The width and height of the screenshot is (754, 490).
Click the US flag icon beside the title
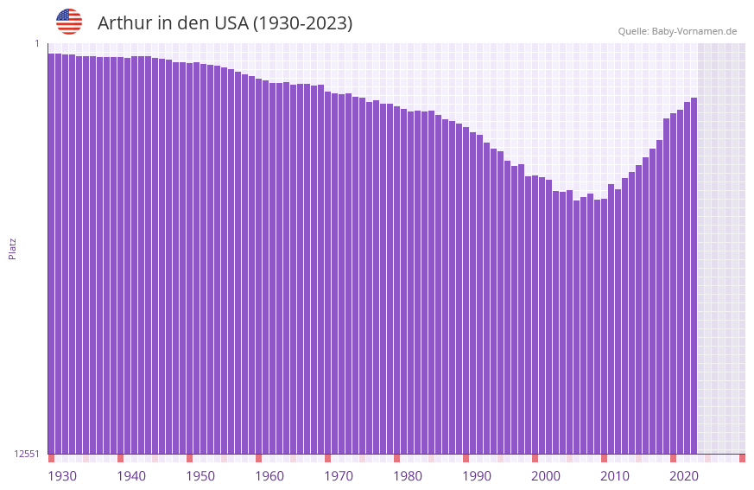tap(69, 22)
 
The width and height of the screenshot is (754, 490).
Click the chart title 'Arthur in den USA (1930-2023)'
tap(225, 23)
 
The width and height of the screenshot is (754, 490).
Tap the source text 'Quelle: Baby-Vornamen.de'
tap(677, 31)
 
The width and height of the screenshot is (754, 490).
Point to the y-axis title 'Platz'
tap(12, 248)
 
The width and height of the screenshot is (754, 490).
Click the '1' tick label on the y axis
tap(37, 43)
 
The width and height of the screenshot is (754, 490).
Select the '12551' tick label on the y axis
tap(28, 454)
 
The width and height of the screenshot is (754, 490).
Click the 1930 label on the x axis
tap(62, 476)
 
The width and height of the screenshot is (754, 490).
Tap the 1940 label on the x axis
tap(131, 476)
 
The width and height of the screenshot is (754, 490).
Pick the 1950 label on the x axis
tap(200, 476)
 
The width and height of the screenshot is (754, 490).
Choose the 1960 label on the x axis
tap(269, 476)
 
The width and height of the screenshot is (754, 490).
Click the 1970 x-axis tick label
tap(339, 476)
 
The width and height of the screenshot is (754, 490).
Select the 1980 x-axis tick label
tap(408, 476)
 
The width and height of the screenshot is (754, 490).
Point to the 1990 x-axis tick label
tap(477, 476)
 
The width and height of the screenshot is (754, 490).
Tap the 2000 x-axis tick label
tap(546, 476)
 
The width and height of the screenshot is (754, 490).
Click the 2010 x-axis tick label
tap(615, 476)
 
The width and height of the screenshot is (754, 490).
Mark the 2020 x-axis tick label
tap(684, 476)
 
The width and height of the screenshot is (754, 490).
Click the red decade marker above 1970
tap(328, 458)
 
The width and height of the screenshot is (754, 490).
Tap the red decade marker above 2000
tap(535, 458)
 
